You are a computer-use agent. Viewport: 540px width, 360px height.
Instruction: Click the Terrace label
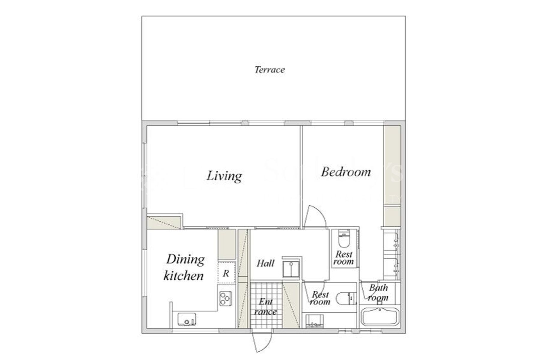269,70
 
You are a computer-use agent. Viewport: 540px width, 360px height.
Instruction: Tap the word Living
224,176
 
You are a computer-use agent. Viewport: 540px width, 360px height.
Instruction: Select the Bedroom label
346,172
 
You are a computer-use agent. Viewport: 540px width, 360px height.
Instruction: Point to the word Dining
185,259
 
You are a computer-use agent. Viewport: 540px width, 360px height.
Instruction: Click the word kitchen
183,276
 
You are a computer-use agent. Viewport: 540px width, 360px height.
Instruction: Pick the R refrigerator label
226,273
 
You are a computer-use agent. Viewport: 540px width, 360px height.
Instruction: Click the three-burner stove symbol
225,298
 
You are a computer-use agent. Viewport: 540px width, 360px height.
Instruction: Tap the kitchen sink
186,319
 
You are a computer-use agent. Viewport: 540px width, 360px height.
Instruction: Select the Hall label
265,263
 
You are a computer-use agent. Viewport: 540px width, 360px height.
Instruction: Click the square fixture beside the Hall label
291,268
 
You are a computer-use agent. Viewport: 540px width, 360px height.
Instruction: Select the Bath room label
378,292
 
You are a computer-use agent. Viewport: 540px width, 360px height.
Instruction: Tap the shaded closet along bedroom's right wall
392,165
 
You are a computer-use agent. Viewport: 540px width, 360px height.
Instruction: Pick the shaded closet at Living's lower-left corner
163,222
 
